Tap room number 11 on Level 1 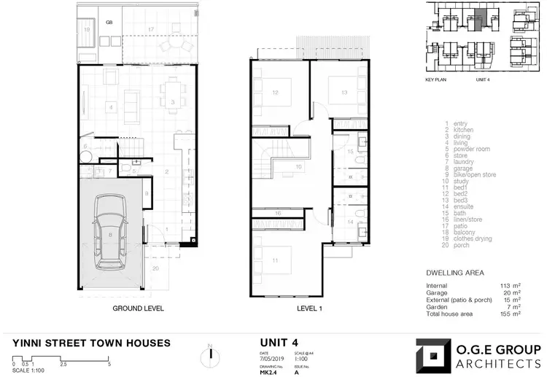274,260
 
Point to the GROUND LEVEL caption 138,308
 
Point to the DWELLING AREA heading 455,273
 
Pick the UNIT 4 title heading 279,342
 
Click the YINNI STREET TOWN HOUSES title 92,343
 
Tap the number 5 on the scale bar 109,363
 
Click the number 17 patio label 151,29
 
